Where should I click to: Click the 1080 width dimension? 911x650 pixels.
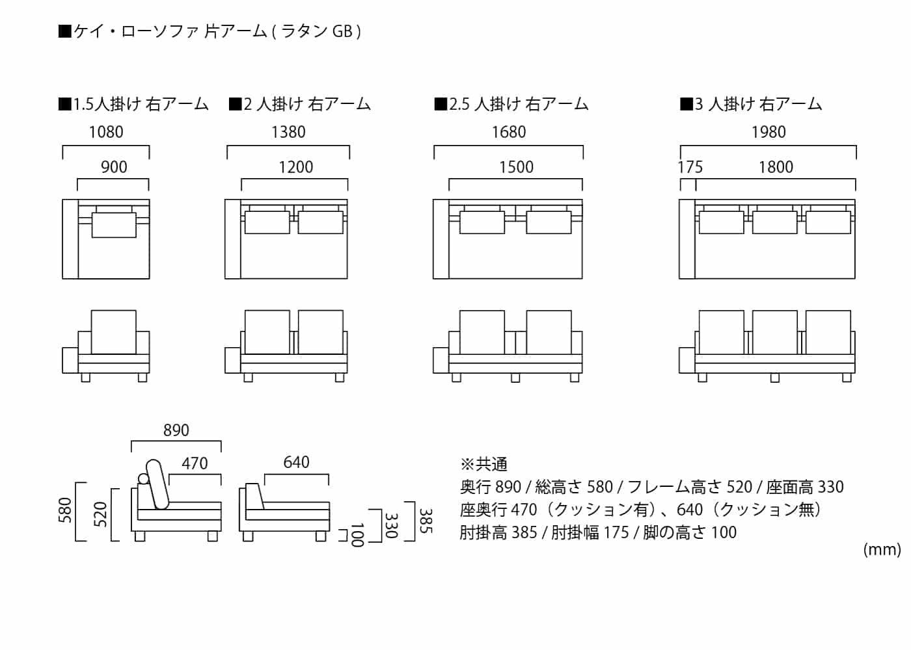[x=106, y=132]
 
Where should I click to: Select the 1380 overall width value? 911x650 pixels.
[x=288, y=132]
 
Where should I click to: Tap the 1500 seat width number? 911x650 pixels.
[x=516, y=167]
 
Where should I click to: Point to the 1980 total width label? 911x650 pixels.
[x=768, y=132]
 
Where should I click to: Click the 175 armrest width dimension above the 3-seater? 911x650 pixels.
[x=690, y=167]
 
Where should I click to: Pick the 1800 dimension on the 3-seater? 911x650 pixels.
[x=776, y=167]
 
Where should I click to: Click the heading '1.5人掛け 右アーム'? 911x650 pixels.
[x=134, y=104]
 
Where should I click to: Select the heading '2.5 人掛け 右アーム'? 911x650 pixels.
[x=512, y=104]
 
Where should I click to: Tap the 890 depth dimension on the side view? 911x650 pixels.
[x=176, y=430]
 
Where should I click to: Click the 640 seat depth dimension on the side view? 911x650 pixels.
[x=296, y=462]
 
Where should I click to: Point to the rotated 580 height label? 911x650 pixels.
[x=66, y=511]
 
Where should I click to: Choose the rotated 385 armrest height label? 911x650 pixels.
[x=425, y=521]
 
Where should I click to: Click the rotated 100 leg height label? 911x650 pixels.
[x=357, y=534]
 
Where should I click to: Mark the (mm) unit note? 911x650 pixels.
[x=882, y=550]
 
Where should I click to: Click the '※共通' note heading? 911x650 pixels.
[x=484, y=464]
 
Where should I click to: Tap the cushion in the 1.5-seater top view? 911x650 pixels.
[x=114, y=224]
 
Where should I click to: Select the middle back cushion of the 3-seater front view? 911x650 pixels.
[x=774, y=332]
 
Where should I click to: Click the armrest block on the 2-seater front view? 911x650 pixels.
[x=232, y=361]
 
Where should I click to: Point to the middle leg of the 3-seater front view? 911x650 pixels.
[x=774, y=378]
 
